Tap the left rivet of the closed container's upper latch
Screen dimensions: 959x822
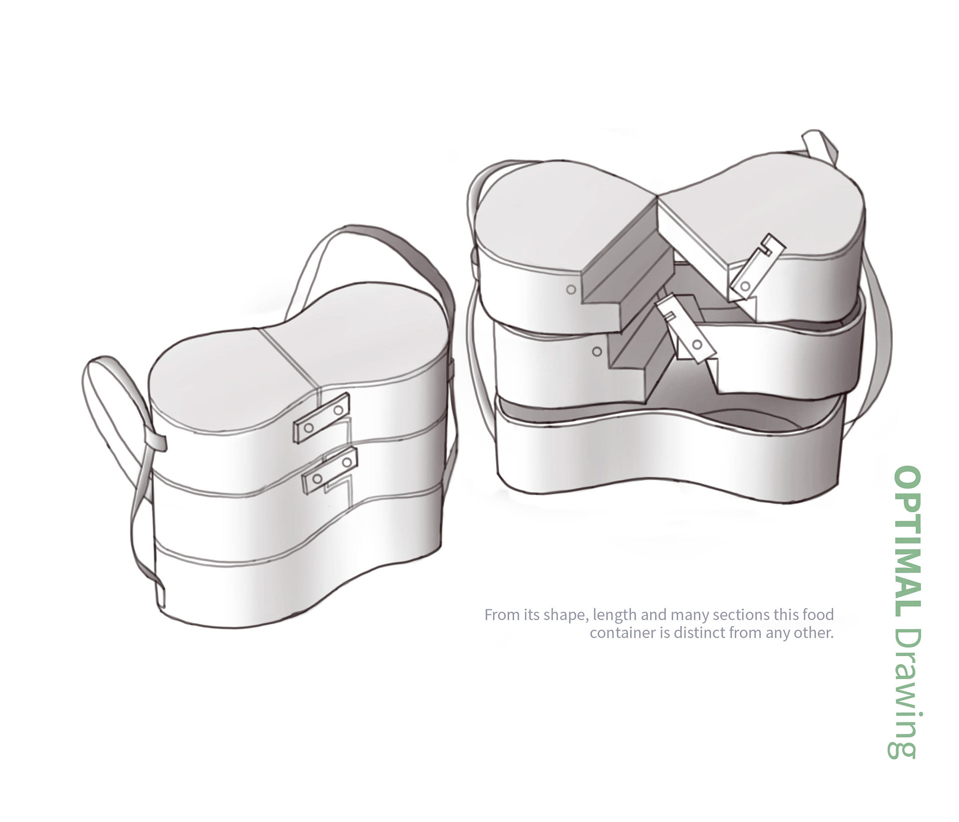pos(309,428)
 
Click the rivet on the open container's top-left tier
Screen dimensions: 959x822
pos(571,289)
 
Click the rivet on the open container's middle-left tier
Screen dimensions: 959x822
pos(596,352)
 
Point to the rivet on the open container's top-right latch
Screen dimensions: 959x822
pos(745,286)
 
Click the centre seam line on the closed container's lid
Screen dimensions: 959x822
pos(290,355)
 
